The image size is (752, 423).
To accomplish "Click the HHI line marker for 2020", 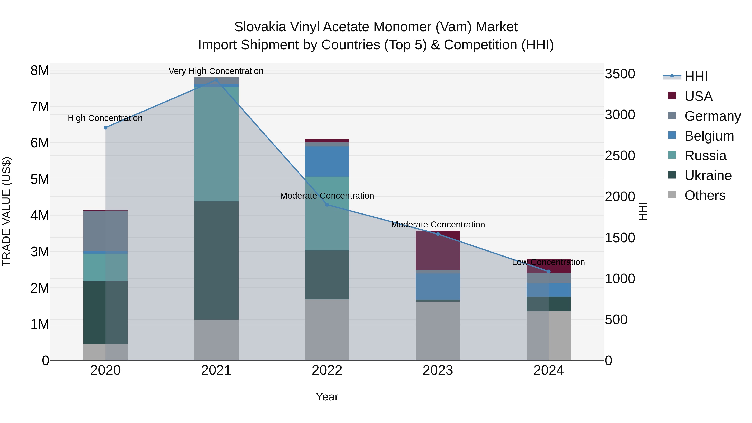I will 106,128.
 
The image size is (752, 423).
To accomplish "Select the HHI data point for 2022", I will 327,205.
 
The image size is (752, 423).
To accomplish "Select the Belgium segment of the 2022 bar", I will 327,161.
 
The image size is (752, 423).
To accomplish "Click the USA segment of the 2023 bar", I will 438,250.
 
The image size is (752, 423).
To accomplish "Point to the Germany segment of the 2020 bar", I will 105,231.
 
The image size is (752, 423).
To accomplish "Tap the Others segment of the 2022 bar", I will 327,330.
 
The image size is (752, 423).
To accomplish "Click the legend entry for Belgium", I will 709,136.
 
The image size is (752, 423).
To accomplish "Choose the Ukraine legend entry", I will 708,175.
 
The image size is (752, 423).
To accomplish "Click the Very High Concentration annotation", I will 216,71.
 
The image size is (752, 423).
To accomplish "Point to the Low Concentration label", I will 548,262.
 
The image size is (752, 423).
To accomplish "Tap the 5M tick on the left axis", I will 40,179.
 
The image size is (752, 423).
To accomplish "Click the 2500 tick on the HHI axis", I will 620,156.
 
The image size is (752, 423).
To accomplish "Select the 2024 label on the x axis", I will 548,370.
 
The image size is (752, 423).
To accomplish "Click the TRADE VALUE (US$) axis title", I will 6,211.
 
